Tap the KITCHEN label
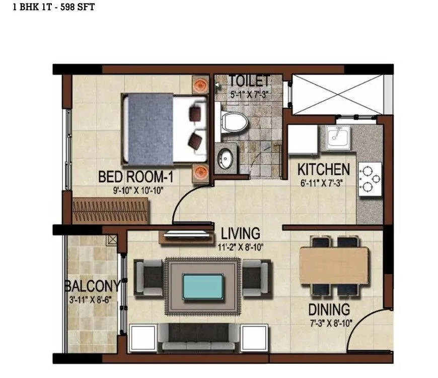(x=323, y=169)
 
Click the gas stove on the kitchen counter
(x=369, y=179)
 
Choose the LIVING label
(x=241, y=234)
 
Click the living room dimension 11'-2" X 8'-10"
(x=240, y=247)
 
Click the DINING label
(x=329, y=309)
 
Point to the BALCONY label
(x=92, y=286)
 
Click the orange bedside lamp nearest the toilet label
(x=200, y=84)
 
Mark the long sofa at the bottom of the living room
(x=197, y=338)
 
